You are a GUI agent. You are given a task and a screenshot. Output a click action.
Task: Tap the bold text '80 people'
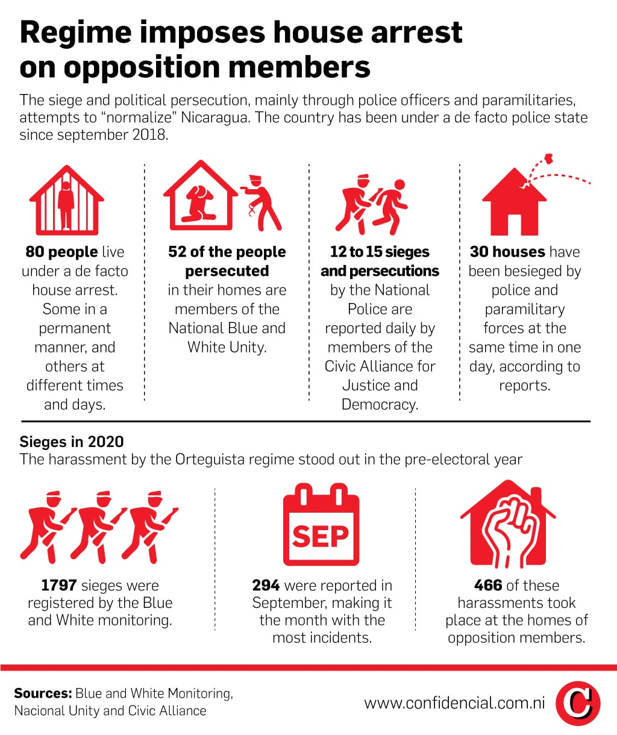[61, 252]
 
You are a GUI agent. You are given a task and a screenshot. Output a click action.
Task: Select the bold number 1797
[59, 585]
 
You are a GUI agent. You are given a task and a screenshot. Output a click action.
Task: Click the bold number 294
[266, 585]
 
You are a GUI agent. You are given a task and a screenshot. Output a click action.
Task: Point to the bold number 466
[488, 585]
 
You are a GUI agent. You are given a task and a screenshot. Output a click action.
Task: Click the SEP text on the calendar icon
[321, 536]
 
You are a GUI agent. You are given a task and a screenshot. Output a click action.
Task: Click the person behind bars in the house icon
[66, 205]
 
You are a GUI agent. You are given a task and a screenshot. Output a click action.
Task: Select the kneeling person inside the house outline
[198, 204]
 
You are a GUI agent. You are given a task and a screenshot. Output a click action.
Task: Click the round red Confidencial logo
[578, 703]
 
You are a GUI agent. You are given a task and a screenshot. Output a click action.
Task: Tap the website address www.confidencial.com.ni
[455, 703]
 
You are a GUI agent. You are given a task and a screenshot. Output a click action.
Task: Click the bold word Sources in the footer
[43, 693]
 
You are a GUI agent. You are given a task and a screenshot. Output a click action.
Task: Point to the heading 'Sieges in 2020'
[72, 442]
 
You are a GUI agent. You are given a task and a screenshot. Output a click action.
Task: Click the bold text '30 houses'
[507, 252]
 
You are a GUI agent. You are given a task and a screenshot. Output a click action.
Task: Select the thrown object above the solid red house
[549, 158]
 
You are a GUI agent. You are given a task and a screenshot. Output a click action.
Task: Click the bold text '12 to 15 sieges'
[380, 252]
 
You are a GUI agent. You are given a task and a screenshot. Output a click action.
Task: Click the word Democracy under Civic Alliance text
[380, 404]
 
